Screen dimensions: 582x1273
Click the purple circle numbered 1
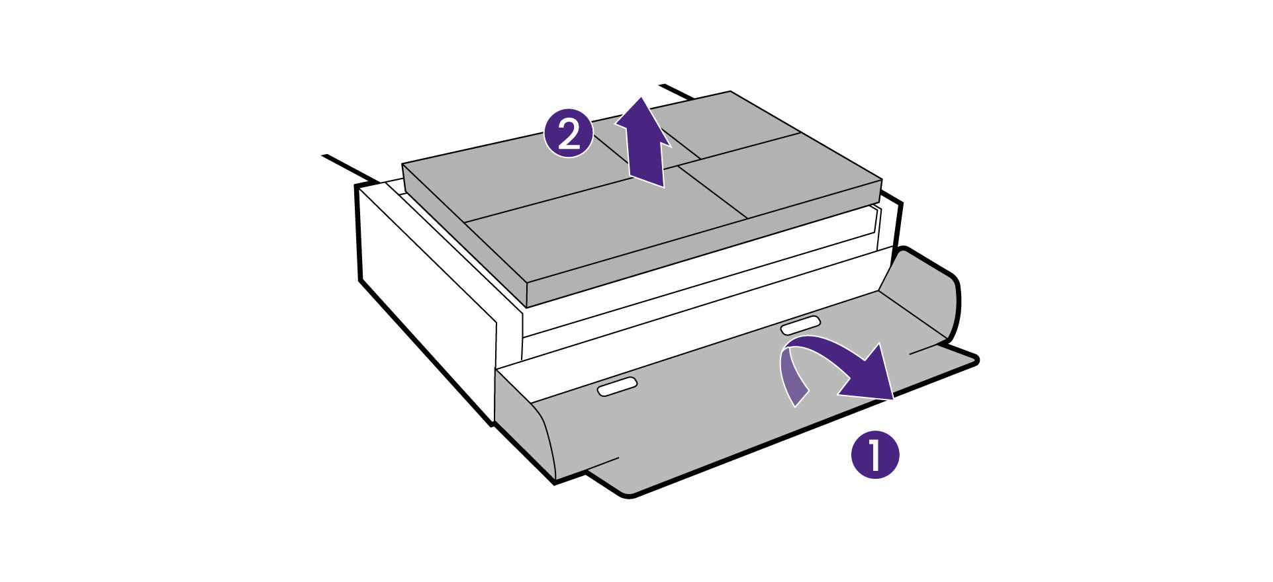pos(874,454)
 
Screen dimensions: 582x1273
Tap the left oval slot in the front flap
pos(617,387)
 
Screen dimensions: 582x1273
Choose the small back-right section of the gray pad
pos(728,122)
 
